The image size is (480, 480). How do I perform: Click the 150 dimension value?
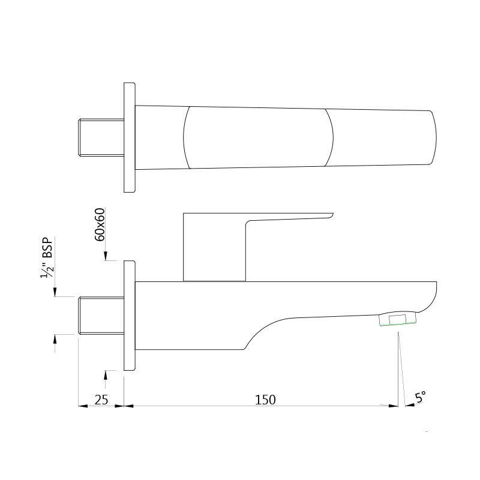pyautogui.click(x=265, y=400)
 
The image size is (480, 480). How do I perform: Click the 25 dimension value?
pyautogui.click(x=101, y=400)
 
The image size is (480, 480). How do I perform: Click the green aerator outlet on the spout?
pyautogui.click(x=398, y=320)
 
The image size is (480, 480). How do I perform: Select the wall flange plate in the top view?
pyautogui.click(x=130, y=137)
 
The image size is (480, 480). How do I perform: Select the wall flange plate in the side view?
pyautogui.click(x=130, y=316)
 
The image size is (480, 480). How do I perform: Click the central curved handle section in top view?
pyautogui.click(x=258, y=137)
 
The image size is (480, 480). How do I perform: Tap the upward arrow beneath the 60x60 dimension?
pyautogui.click(x=106, y=374)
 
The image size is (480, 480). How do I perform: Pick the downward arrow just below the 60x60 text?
pyautogui.click(x=106, y=257)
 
